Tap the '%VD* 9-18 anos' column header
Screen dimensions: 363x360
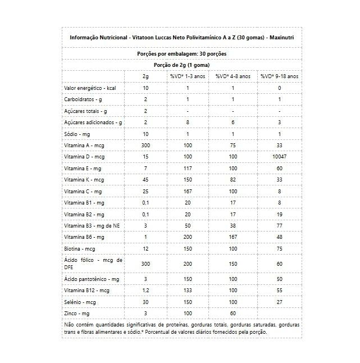coord(279,76)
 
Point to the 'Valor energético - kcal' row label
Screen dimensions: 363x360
coord(90,88)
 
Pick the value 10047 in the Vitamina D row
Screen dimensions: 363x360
coord(279,156)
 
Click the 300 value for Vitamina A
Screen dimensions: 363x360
coord(145,145)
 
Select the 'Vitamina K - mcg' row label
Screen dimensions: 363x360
coord(85,179)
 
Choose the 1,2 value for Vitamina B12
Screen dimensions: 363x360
coord(145,290)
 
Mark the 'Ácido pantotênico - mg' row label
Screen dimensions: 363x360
coord(92,279)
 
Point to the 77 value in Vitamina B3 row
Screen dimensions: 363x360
coord(279,224)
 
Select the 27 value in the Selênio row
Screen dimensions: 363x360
coord(279,301)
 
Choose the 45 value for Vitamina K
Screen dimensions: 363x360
coord(145,179)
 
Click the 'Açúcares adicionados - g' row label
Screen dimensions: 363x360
coord(93,122)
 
